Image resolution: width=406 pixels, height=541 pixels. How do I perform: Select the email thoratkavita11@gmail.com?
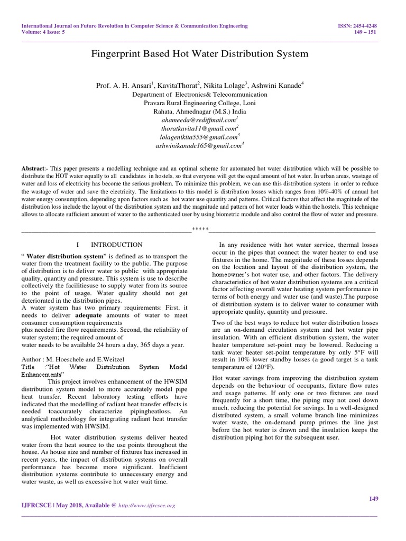(199, 128)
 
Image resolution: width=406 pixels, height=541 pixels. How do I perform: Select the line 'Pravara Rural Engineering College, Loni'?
(199, 103)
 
